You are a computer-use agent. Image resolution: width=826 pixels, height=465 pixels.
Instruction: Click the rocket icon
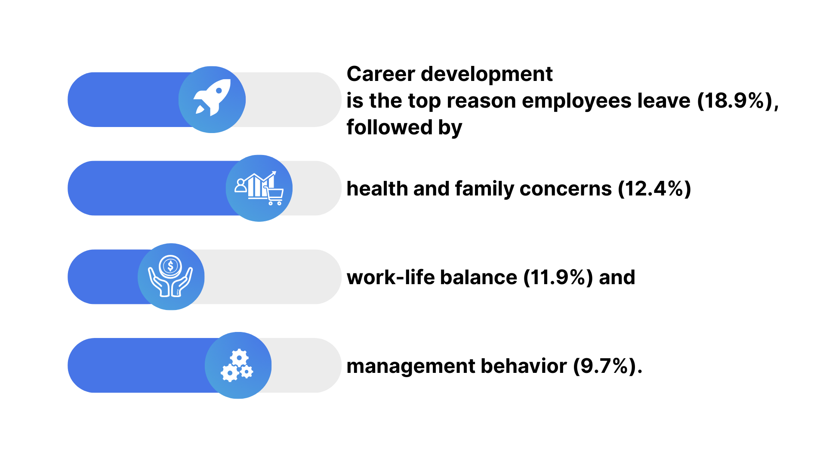(213, 98)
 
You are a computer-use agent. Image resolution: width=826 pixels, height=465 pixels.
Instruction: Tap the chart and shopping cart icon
(259, 188)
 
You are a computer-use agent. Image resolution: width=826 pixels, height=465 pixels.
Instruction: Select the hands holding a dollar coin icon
(170, 276)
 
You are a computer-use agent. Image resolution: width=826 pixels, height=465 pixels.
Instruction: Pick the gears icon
(237, 366)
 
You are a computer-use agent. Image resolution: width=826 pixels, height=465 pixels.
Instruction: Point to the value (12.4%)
(654, 189)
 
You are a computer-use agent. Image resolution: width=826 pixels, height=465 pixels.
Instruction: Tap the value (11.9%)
(558, 278)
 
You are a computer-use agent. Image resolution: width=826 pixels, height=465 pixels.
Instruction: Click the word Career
(381, 74)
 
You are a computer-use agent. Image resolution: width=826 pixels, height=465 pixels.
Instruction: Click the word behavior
(524, 366)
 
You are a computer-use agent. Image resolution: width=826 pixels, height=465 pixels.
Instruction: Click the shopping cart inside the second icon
(274, 196)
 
